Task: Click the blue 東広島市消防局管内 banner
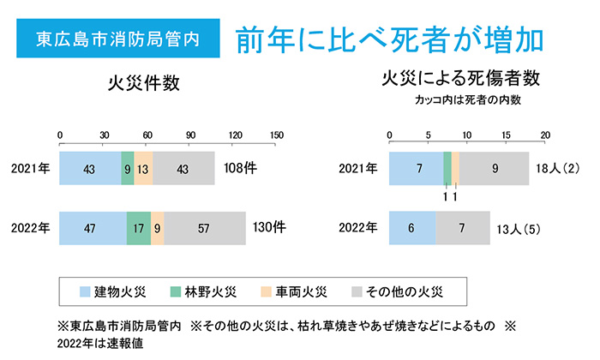click(117, 39)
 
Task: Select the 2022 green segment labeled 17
click(138, 228)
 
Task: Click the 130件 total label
click(269, 228)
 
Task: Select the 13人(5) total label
click(519, 228)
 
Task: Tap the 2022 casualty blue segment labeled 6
click(412, 228)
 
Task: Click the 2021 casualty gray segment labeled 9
click(495, 167)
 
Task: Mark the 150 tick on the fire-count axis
click(277, 135)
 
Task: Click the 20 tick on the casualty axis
click(544, 135)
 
